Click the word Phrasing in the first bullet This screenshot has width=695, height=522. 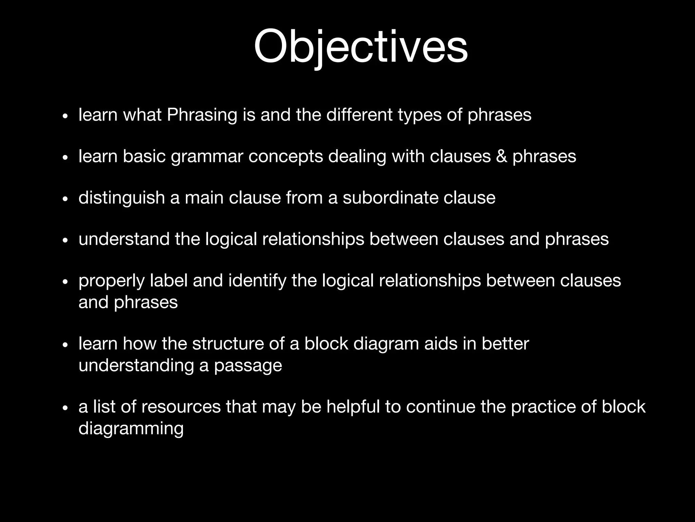click(202, 115)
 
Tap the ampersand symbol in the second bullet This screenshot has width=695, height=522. click(502, 156)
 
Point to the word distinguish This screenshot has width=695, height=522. click(121, 198)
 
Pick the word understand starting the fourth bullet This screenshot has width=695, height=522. click(124, 239)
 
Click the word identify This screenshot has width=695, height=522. click(257, 281)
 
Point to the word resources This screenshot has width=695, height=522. click(181, 407)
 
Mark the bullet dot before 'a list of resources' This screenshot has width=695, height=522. click(65, 408)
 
